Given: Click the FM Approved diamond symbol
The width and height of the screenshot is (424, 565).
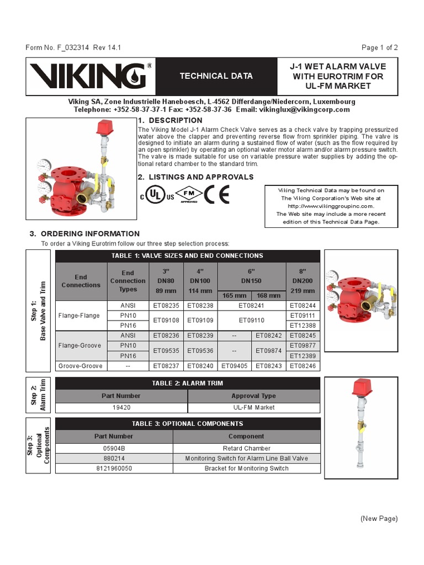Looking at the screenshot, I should coord(189,195).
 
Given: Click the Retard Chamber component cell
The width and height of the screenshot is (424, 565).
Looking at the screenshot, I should coord(247,449).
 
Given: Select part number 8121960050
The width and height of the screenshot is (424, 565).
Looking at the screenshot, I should coord(114,468).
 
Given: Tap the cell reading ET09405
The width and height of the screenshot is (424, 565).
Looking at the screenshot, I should coord(235,366).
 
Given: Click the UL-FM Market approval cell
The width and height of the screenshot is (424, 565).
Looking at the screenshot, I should coord(253,407).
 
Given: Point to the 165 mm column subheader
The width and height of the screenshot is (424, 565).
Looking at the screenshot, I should coord(235,296).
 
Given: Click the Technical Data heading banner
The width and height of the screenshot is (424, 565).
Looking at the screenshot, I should coord(216,76).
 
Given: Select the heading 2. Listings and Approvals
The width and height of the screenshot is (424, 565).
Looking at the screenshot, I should coord(195,177).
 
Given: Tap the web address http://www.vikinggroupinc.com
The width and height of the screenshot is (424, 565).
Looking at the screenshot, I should coord(331,206).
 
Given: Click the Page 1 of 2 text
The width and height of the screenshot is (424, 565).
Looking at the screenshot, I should coord(379,47).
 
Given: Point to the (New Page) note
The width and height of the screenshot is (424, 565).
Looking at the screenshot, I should coord(379,519).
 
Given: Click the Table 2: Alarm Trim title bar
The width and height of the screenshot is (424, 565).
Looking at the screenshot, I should coord(187,383).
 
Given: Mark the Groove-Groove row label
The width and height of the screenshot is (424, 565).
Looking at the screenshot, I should coord(81,366).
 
